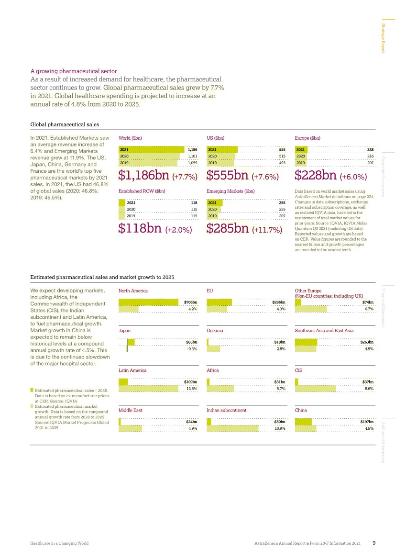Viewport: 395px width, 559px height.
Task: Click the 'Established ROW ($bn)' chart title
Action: [142, 191]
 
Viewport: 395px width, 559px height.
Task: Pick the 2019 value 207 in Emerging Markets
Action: [282, 216]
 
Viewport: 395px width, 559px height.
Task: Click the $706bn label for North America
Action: [191, 302]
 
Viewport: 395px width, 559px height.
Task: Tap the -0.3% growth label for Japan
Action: [191, 348]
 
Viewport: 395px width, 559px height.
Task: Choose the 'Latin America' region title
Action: [132, 370]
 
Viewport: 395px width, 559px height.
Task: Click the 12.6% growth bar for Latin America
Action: [151, 388]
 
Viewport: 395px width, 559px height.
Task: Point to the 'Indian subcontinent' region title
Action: [226, 410]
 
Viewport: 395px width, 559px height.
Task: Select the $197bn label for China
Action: [367, 422]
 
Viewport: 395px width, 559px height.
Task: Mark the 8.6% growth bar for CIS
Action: [315, 388]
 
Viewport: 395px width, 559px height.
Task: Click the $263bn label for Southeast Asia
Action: [367, 342]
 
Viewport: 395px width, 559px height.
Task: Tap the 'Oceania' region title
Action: [215, 331]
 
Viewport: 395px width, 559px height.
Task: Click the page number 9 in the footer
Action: [374, 543]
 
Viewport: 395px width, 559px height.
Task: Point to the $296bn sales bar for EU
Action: [219, 302]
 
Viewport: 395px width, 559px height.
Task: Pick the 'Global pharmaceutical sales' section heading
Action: [65, 124]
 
